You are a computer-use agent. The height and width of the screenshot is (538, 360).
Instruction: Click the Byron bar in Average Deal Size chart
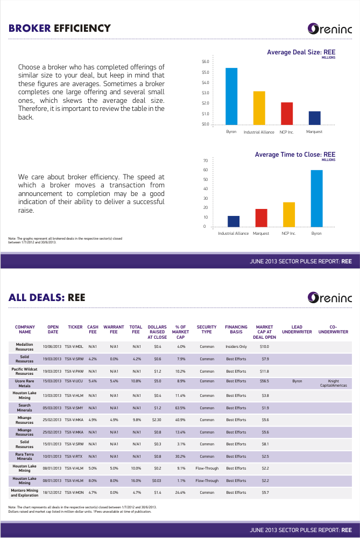pos(231,96)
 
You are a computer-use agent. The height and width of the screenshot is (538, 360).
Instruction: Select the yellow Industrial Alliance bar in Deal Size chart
pos(259,108)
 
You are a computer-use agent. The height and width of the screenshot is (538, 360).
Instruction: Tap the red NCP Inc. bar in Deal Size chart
pos(287,113)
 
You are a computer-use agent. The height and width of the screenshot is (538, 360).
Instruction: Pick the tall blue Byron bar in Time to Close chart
pos(316,198)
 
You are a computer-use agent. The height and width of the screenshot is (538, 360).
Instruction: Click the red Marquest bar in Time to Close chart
pos(262,218)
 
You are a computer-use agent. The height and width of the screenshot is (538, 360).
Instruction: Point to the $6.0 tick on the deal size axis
pos(206,62)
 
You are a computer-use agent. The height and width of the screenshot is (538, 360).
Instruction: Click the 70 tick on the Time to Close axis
pos(206,160)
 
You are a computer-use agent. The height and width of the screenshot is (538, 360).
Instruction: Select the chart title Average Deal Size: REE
pos(301,52)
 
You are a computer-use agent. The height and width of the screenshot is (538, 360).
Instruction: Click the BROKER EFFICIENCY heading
pos(60,28)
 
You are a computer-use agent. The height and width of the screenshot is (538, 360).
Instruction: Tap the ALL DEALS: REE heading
pos(47,297)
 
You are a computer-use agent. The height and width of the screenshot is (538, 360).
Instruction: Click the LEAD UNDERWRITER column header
pos(297,330)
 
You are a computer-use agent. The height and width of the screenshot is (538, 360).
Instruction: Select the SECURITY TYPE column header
pos(207,330)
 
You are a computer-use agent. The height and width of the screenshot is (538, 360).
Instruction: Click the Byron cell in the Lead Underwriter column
pos(297,381)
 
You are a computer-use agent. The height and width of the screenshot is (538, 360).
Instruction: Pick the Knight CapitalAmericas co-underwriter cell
pos(333,383)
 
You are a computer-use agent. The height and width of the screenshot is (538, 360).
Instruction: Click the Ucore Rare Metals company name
pos(25,383)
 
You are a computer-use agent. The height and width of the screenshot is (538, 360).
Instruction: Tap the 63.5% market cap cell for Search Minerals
pos(180,408)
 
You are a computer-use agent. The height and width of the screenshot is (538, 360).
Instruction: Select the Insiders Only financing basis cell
pos(236,346)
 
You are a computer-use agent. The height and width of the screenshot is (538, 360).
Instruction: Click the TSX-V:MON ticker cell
pos(74,492)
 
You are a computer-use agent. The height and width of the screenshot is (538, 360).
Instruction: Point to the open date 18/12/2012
pos(52,492)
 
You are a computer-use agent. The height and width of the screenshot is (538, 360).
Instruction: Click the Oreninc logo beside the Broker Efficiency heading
pos(329,29)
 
